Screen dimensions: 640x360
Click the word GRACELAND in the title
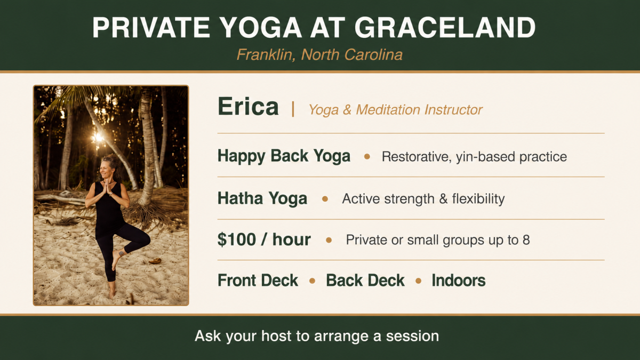click(x=445, y=28)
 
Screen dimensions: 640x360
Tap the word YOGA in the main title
click(x=261, y=28)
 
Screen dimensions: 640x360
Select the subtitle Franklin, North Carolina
click(x=319, y=54)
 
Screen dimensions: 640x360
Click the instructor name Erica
click(x=248, y=107)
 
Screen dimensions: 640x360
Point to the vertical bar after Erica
click(x=293, y=109)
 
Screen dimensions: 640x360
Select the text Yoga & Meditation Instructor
click(x=395, y=110)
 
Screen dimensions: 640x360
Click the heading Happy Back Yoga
click(x=284, y=156)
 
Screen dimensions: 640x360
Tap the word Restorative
click(x=417, y=157)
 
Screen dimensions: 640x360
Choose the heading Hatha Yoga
click(x=262, y=198)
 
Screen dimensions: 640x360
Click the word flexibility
click(x=478, y=198)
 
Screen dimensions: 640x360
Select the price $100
click(x=237, y=239)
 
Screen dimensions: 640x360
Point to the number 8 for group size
click(x=526, y=239)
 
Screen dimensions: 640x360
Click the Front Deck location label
click(x=258, y=281)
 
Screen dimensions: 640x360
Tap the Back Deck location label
click(x=365, y=281)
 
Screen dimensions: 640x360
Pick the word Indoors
click(x=458, y=281)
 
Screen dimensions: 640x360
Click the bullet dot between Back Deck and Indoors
click(x=418, y=281)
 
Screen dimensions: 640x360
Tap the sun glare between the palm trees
click(x=98, y=138)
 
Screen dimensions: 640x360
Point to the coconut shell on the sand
click(x=155, y=261)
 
